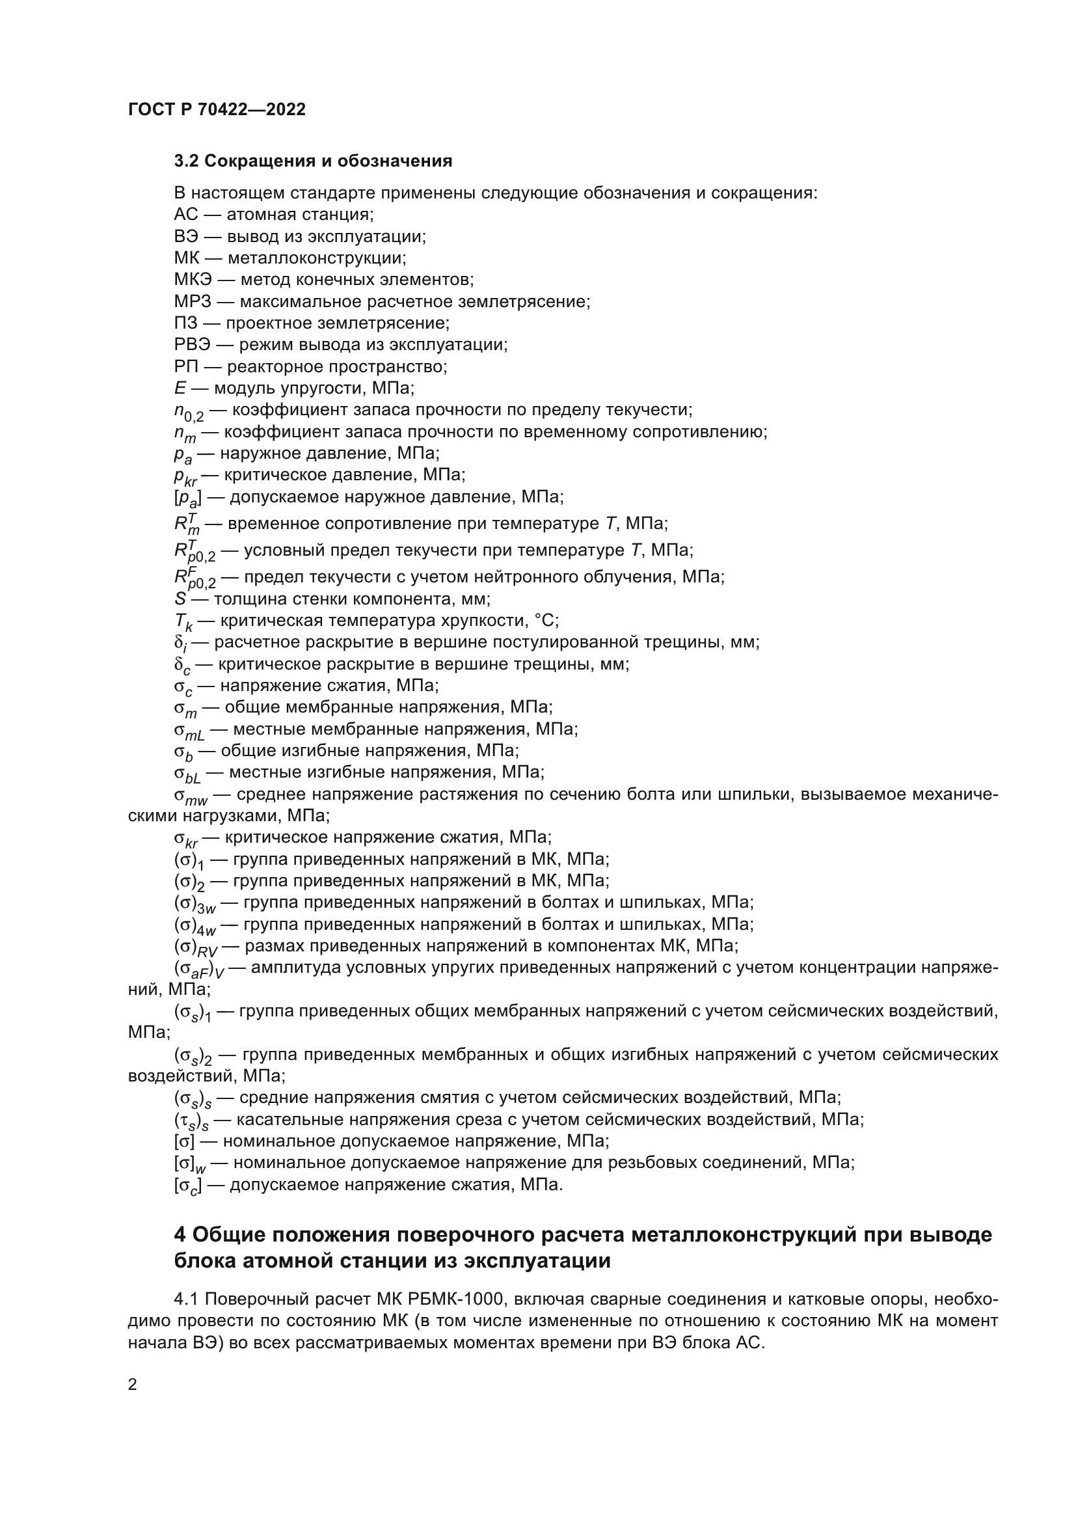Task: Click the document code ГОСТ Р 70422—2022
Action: click(x=217, y=110)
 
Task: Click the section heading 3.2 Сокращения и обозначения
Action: click(x=313, y=161)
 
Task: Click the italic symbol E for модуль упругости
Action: click(x=180, y=388)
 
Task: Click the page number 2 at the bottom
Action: click(x=133, y=1385)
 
